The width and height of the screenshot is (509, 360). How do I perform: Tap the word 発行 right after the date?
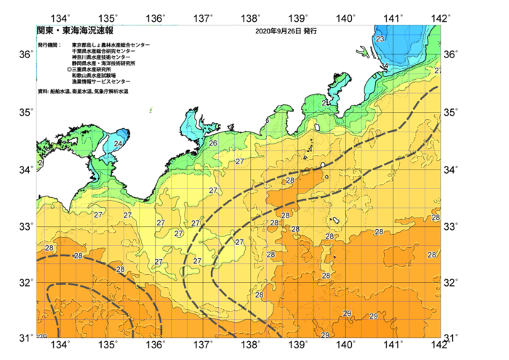coord(310,32)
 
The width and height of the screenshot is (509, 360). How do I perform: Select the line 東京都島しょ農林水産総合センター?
coord(111,45)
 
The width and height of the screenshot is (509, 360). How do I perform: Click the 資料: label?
coord(43,92)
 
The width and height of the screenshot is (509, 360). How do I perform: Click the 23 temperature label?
coord(380,39)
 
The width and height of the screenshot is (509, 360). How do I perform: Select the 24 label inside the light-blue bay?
coord(118,144)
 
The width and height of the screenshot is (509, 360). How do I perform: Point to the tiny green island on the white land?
coord(151,111)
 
